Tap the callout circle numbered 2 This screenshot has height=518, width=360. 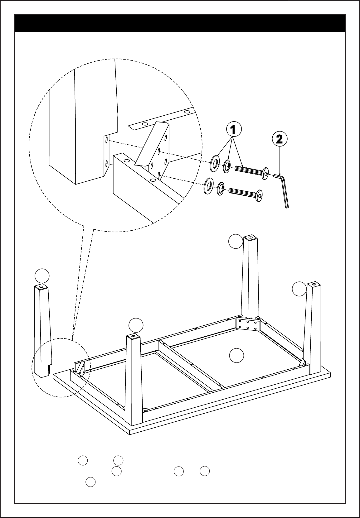(280, 139)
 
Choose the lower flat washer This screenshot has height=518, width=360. (209, 186)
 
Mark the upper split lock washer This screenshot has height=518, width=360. (227, 166)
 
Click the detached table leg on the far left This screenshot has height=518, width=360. (42, 331)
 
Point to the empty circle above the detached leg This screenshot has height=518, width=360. (42, 276)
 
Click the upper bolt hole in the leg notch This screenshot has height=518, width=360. (106, 140)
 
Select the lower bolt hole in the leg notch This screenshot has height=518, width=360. (106, 164)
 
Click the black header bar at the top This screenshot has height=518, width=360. (180, 23)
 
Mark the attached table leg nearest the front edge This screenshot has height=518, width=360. (134, 380)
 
